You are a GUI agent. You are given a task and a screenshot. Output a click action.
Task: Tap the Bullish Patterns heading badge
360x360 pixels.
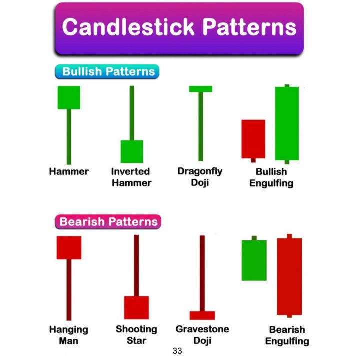[x=108, y=71]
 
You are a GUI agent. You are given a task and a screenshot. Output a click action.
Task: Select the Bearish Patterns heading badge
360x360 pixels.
[x=108, y=221]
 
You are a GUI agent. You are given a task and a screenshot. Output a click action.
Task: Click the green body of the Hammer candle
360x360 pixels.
[x=69, y=97]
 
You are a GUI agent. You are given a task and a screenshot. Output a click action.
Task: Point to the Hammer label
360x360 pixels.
[x=69, y=171]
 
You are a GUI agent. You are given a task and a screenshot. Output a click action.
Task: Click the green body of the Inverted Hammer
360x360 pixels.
[x=132, y=151]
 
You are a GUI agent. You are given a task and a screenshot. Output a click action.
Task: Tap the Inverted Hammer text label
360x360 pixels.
[x=131, y=177]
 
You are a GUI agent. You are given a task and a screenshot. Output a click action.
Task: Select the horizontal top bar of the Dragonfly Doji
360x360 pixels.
[x=200, y=89]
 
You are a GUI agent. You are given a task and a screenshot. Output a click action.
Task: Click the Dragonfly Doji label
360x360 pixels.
[x=200, y=177]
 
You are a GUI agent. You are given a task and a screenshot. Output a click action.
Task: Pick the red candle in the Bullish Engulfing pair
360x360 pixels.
[x=253, y=139]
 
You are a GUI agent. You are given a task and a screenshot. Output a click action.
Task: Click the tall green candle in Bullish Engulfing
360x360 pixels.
[x=287, y=123]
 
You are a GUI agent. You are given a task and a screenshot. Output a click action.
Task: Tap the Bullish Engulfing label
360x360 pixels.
[x=271, y=177]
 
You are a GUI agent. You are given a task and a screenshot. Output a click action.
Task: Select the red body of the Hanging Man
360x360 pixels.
[x=69, y=247]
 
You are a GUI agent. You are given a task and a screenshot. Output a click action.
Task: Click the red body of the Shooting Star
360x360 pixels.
[x=136, y=307]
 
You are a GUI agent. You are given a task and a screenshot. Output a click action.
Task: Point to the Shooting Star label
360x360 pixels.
[x=136, y=335]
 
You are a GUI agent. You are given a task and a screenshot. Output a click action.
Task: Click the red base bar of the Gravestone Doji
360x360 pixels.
[x=202, y=315]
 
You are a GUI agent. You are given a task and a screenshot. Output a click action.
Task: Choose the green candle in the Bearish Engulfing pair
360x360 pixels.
[x=254, y=260]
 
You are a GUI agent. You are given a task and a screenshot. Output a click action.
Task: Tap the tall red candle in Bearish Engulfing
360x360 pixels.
[x=289, y=276]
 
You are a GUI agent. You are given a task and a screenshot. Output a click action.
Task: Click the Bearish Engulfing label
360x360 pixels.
[x=287, y=335]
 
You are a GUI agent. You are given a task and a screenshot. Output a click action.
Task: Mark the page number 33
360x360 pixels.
[x=177, y=351]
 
